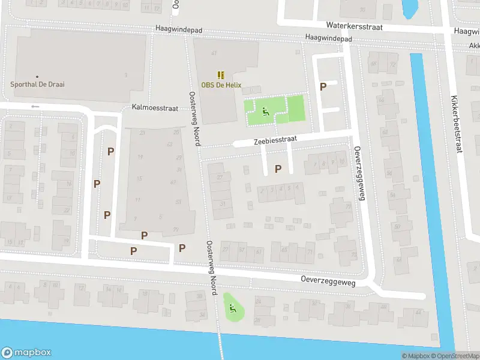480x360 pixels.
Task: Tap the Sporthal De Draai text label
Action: pyautogui.click(x=37, y=85)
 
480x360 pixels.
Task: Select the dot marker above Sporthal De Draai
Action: pyautogui.click(x=37, y=77)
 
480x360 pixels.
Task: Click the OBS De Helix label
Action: pyautogui.click(x=221, y=85)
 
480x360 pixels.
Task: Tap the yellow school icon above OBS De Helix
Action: pyautogui.click(x=221, y=75)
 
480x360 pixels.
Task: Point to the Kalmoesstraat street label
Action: pyautogui.click(x=155, y=108)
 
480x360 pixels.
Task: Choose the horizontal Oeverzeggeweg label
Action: pyautogui.click(x=328, y=281)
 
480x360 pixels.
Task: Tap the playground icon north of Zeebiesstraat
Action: pyautogui.click(x=265, y=110)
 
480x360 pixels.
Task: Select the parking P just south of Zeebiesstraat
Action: pyautogui.click(x=278, y=169)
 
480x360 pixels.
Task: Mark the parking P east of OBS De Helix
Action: pyautogui.click(x=323, y=86)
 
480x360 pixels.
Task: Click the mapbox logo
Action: pyautogui.click(x=26, y=353)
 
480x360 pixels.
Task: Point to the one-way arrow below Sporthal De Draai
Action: pyautogui.click(x=35, y=107)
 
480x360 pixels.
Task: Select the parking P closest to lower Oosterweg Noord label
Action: pyautogui.click(x=182, y=248)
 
